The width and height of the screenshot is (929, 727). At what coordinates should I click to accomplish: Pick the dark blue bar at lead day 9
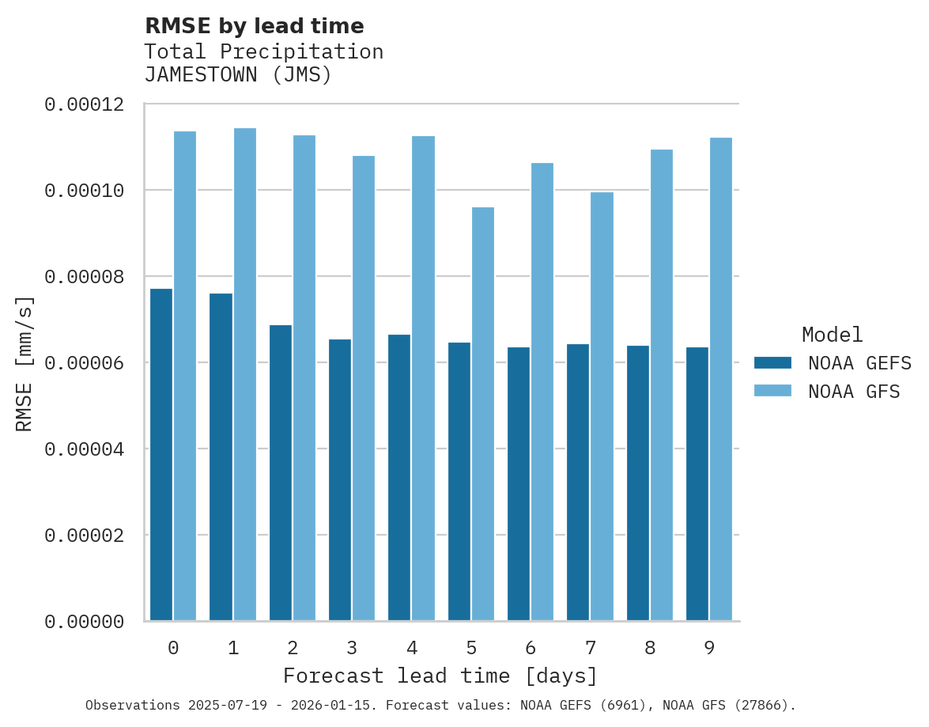tap(697, 484)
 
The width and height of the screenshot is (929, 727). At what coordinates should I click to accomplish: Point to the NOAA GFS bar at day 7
tap(602, 407)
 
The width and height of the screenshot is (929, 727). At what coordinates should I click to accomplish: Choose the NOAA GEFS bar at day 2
tap(281, 473)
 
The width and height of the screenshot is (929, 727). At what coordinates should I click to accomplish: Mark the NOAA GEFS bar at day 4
tap(399, 478)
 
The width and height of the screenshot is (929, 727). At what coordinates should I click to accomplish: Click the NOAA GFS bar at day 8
tap(662, 385)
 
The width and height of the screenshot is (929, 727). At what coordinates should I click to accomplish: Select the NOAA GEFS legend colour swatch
tap(772, 363)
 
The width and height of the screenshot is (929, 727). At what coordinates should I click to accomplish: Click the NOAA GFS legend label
tap(854, 392)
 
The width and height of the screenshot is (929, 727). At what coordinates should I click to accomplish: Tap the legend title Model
tap(832, 335)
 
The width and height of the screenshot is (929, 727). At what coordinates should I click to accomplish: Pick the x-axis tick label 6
tap(531, 649)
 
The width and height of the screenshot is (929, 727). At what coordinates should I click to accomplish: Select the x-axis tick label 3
tap(352, 649)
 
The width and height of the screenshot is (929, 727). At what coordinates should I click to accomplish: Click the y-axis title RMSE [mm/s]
tap(25, 364)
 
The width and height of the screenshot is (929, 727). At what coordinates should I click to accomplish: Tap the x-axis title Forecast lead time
tap(440, 676)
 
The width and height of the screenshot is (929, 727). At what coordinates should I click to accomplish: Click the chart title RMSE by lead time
tap(255, 26)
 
